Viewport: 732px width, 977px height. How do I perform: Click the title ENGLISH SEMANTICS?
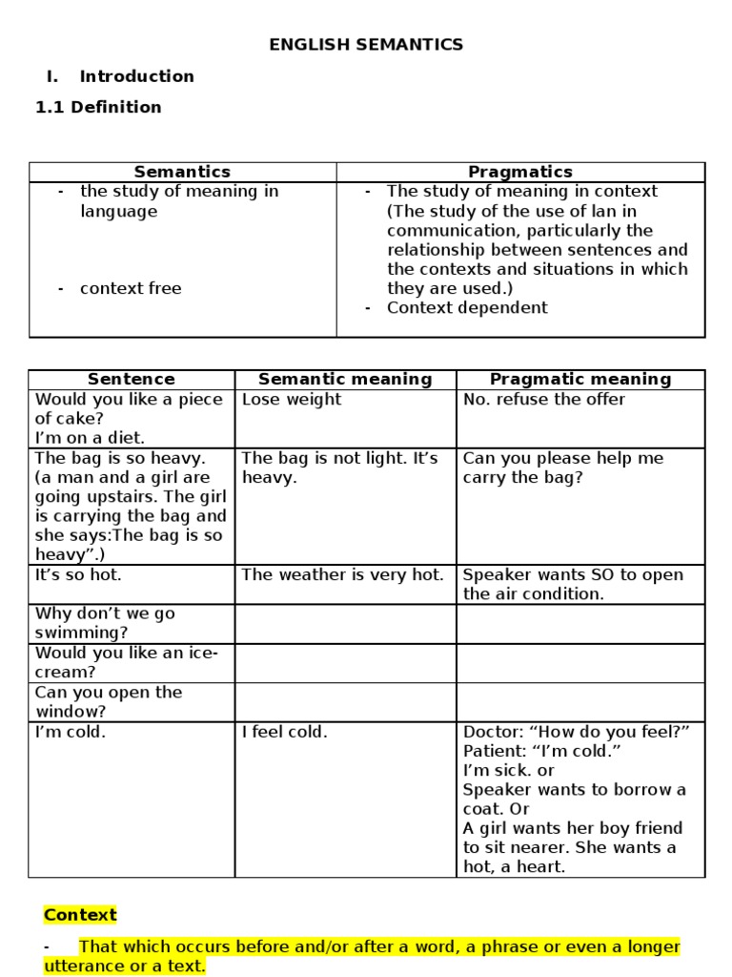point(366,44)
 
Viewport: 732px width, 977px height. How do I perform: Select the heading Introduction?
point(136,76)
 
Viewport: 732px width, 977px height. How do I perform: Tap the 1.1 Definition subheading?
point(98,107)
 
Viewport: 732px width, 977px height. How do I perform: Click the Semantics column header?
point(182,172)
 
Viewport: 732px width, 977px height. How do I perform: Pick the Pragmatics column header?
point(520,172)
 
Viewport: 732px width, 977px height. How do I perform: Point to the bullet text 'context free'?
point(131,288)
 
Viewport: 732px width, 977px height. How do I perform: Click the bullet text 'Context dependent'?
point(467,307)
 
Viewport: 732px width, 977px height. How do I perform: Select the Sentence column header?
point(132,379)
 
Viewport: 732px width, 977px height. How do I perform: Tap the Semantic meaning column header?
point(345,379)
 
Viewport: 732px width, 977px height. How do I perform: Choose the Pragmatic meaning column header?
point(580,379)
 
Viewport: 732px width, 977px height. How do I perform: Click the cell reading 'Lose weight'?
point(292,399)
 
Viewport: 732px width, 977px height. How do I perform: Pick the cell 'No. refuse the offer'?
point(544,399)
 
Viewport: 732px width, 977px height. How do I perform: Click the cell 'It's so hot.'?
point(78,574)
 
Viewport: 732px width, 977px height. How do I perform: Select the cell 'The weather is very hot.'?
point(343,574)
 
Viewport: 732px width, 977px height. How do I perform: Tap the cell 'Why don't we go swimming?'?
point(105,623)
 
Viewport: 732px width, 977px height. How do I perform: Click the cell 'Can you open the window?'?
point(108,701)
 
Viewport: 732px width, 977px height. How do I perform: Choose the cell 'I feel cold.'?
point(285,732)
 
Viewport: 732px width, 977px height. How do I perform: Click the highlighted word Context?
point(80,915)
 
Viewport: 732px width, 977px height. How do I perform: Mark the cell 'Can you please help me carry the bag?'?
point(562,468)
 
